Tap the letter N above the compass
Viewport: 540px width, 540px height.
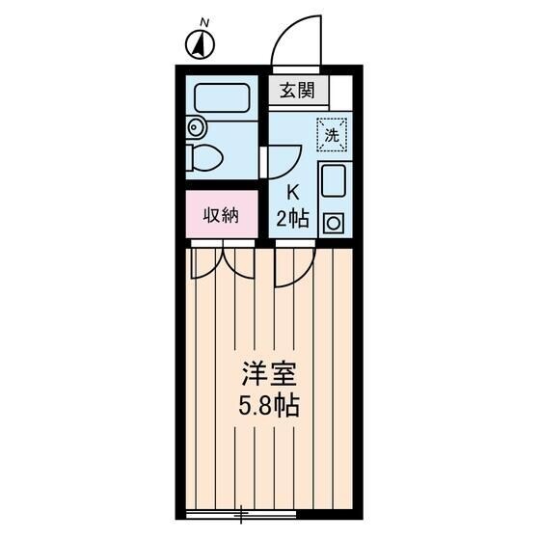[203, 20]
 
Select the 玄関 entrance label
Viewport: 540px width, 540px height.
[298, 92]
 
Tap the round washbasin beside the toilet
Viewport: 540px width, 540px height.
[196, 125]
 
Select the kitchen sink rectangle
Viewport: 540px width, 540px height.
[334, 181]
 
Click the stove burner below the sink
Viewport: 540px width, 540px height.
[334, 221]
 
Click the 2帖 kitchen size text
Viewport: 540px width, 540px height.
[291, 219]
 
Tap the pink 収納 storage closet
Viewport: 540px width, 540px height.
[221, 215]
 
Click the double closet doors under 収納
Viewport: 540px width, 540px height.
[223, 262]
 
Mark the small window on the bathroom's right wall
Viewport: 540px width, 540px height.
[263, 161]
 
